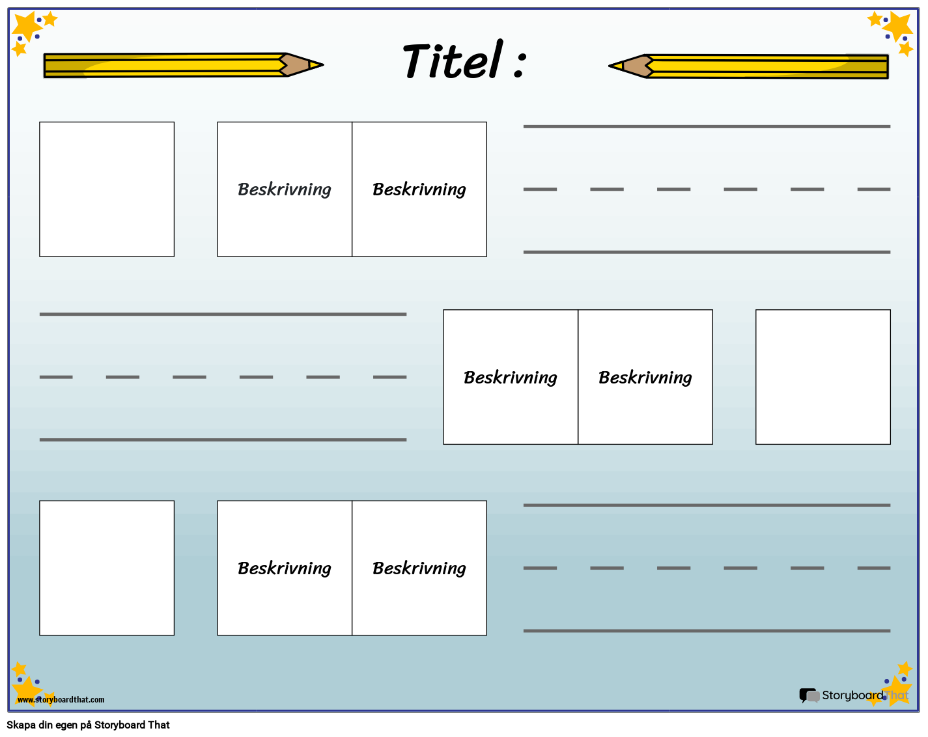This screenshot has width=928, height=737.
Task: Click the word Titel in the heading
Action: (x=453, y=61)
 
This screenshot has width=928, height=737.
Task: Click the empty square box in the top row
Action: (x=107, y=189)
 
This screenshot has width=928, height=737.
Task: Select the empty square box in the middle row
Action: (x=823, y=377)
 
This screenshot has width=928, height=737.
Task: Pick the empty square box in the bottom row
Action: (x=107, y=568)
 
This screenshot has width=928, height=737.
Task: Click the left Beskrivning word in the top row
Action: (x=285, y=189)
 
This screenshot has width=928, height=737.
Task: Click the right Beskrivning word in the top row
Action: (x=419, y=189)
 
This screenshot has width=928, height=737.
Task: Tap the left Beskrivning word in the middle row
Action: (x=511, y=378)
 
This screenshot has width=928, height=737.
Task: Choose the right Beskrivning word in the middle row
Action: (x=645, y=378)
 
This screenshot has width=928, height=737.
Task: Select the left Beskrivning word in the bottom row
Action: (x=285, y=568)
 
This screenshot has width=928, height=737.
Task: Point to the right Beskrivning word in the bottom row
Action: (x=419, y=568)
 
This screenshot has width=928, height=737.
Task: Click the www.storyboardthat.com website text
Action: (x=61, y=700)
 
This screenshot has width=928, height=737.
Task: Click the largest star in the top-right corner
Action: (x=899, y=26)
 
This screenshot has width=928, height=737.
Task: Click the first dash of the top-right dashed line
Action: (x=540, y=189)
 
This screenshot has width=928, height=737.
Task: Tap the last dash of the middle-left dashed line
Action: (x=389, y=377)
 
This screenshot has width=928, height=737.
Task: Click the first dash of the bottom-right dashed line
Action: (x=540, y=568)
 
